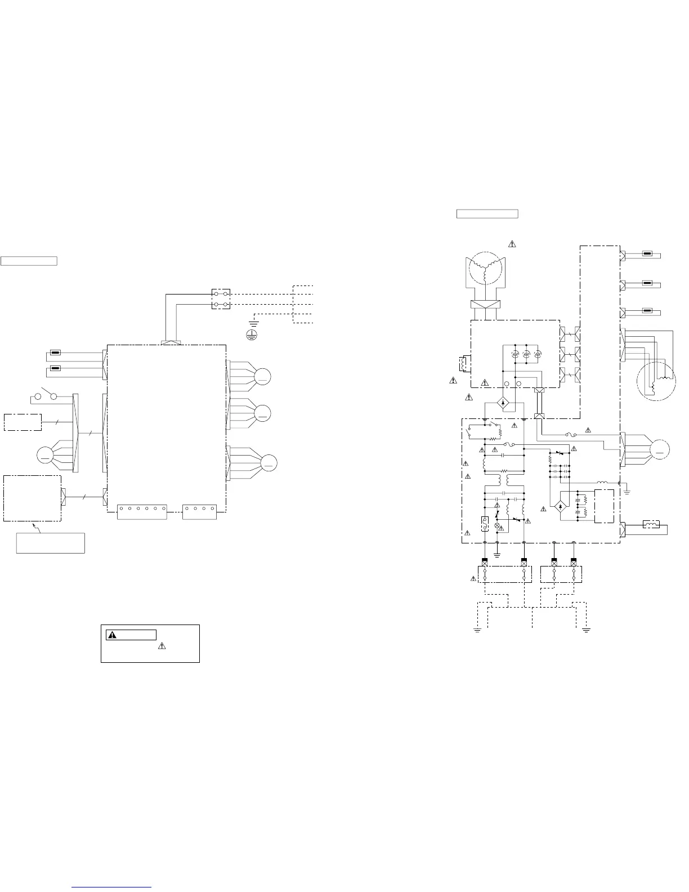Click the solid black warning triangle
[x=113, y=635]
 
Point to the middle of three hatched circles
[x=526, y=353]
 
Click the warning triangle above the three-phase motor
[x=512, y=244]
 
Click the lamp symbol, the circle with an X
[x=497, y=525]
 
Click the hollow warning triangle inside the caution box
[x=162, y=645]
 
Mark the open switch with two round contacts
[x=46, y=396]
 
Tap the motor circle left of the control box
[x=44, y=454]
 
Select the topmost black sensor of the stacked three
[x=647, y=254]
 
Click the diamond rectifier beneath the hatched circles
[x=503, y=403]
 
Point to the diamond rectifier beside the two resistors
[x=560, y=506]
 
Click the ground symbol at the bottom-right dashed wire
[x=587, y=630]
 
